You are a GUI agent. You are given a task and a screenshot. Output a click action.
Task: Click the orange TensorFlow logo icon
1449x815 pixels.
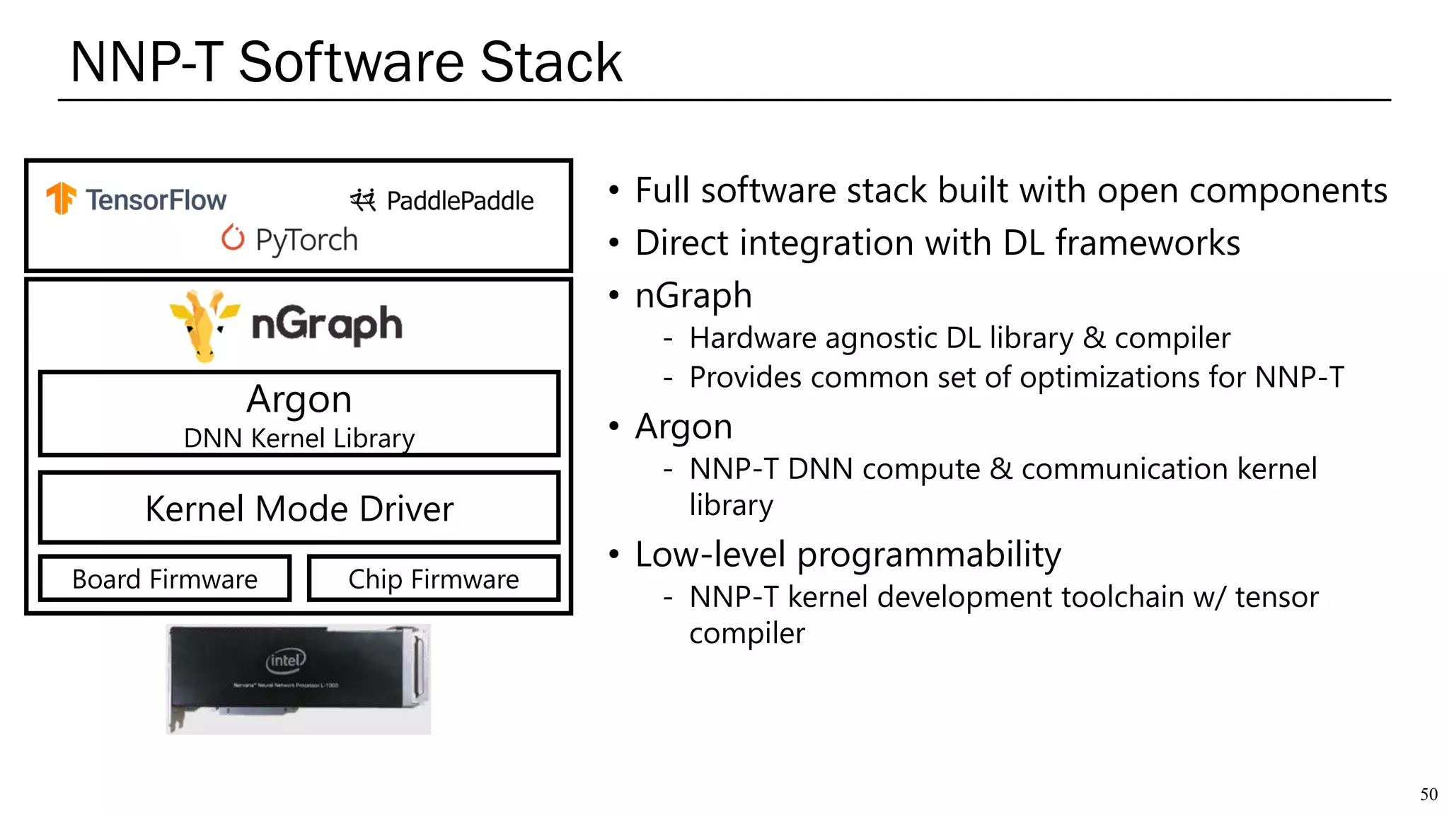62,197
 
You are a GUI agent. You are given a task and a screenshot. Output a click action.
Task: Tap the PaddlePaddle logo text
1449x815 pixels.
460,201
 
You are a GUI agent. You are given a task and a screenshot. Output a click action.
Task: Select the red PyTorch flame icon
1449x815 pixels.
233,238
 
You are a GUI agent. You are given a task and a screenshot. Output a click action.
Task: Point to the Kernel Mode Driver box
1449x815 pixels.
299,509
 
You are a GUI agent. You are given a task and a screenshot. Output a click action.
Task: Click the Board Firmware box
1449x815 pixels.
165,579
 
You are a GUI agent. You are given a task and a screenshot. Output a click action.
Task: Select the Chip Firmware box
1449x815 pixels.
434,579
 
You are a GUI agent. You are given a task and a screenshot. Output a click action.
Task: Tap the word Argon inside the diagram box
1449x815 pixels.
299,399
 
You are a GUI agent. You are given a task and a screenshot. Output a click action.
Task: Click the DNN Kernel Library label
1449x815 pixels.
299,439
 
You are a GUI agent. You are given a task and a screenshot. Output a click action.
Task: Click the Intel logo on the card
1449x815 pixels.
286,661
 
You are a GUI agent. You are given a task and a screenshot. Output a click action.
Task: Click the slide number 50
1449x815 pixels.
1428,794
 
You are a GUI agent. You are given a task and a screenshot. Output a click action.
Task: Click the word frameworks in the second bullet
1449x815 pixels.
1148,243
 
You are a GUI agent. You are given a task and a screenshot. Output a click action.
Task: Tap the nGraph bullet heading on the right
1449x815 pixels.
693,295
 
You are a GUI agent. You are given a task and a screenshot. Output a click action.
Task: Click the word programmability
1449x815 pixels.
929,555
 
